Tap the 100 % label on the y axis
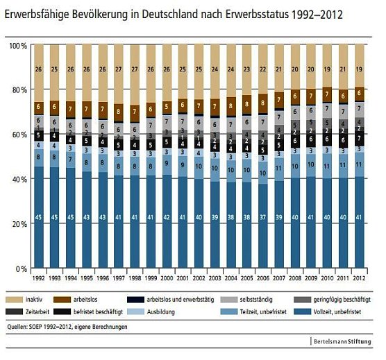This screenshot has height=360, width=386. (18, 45)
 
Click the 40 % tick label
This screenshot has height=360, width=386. (19, 179)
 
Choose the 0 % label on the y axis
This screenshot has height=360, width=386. (22, 268)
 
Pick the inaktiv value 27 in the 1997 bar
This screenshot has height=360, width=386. (119, 69)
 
